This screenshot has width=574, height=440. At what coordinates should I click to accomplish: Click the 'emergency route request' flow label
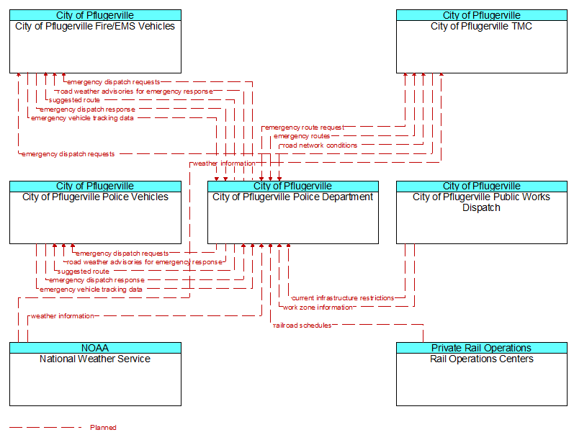(x=305, y=127)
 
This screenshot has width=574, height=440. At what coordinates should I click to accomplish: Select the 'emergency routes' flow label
(x=302, y=136)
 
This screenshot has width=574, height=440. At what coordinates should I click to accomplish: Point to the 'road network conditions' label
(x=320, y=145)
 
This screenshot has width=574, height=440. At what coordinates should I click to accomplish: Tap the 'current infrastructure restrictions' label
(x=343, y=298)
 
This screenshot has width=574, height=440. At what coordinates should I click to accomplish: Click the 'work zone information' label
(x=318, y=307)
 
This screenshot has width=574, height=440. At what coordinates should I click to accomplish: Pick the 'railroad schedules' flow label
(x=302, y=325)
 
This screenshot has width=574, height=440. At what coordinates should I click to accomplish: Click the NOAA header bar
(x=95, y=348)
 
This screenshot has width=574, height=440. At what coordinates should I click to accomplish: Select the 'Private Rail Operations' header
(x=481, y=348)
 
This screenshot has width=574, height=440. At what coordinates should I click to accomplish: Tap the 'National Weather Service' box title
(x=95, y=359)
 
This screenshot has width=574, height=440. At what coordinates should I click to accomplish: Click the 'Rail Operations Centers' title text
(x=481, y=359)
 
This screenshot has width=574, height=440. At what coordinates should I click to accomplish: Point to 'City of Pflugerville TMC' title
(x=481, y=27)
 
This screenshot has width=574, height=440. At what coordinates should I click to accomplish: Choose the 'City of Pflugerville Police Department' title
(x=293, y=197)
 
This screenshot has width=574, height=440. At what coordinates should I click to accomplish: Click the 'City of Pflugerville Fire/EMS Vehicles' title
(x=95, y=27)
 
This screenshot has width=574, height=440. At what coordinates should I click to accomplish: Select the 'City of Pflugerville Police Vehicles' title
(x=95, y=197)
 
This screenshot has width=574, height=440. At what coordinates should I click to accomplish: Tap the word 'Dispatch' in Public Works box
(x=481, y=207)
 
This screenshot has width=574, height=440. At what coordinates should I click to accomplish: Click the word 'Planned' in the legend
(x=103, y=428)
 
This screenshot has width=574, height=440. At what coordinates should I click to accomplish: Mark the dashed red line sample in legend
(x=46, y=427)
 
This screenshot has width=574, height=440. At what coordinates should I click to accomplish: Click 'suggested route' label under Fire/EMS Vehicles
(x=74, y=100)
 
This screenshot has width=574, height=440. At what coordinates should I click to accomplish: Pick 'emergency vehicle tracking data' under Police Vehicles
(x=91, y=289)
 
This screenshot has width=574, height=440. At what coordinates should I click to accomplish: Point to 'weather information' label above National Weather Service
(x=62, y=316)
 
